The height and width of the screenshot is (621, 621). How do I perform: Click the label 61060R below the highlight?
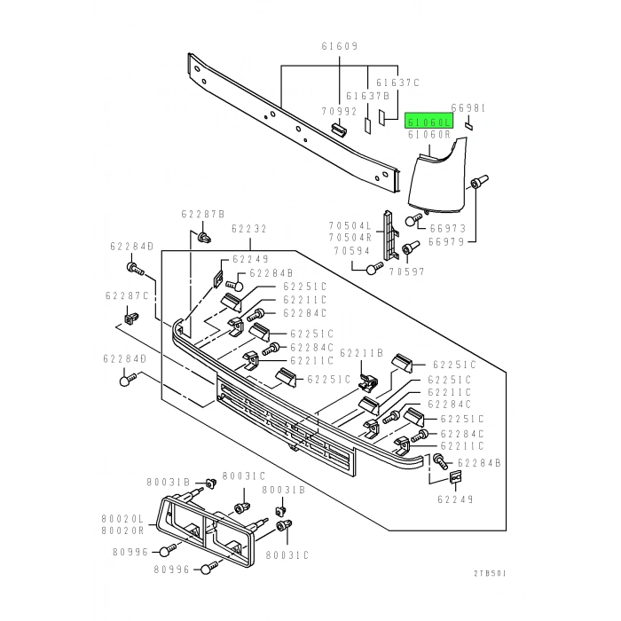point(429,135)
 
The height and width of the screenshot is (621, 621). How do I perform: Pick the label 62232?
point(249,229)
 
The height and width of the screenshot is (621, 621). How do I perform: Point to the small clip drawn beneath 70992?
point(337,130)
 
